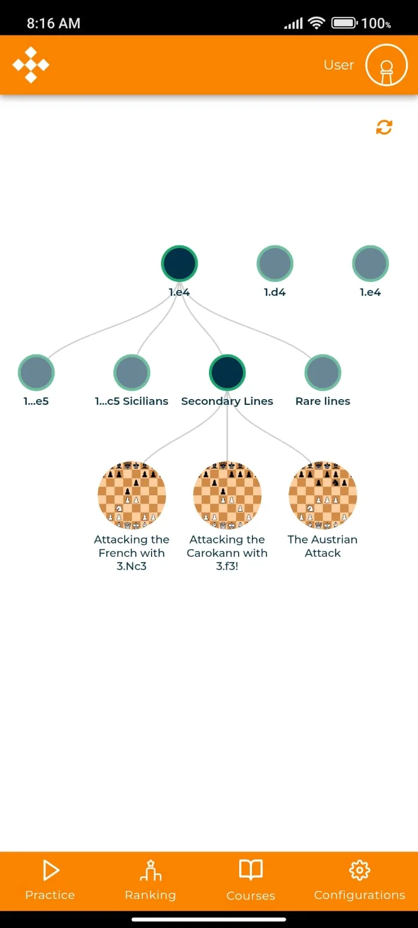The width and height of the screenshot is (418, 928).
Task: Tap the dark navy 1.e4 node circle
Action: pos(179,263)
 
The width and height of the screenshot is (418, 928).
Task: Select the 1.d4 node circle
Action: pos(275,263)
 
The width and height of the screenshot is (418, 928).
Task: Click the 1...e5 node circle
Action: pos(36,372)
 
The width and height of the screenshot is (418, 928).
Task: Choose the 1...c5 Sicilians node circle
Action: pos(132,372)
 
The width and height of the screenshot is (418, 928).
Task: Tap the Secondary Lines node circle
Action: pos(227,372)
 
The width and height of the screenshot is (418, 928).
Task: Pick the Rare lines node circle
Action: pos(323,372)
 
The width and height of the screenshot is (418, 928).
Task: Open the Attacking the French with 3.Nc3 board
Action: pos(132,495)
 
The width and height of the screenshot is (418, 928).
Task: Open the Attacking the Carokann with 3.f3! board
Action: pos(227,495)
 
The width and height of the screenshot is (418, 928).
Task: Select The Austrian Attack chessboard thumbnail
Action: pos(323,495)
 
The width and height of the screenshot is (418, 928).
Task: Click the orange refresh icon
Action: pos(384,128)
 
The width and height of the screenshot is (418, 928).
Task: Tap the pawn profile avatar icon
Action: pos(387,65)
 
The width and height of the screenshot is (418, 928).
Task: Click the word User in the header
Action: pos(339,65)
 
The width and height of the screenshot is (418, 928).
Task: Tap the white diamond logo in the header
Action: pos(31,65)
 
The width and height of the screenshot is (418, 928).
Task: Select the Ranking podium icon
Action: pos(150,870)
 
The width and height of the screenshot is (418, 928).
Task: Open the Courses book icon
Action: pos(251,869)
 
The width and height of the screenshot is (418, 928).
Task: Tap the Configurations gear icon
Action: pos(359,869)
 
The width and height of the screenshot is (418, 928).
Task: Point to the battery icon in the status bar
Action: pos(344,23)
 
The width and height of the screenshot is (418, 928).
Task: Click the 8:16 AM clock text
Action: pos(53,24)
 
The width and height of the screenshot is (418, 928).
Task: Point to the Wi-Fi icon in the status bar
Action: pos(316,23)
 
